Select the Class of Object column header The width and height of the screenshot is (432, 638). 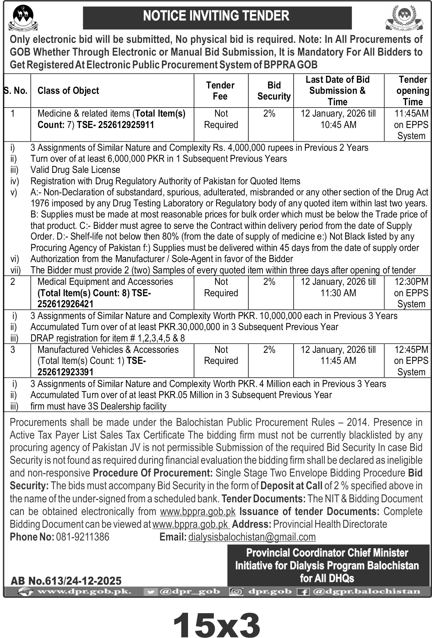[x=68, y=91]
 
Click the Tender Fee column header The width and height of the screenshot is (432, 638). [x=221, y=91]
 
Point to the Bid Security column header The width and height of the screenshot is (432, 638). [x=274, y=91]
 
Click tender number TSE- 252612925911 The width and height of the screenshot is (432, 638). [x=116, y=125]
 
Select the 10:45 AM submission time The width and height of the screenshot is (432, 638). [x=338, y=125]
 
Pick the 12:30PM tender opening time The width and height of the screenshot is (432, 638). [x=411, y=282]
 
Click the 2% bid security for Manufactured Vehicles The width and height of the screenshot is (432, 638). [x=269, y=350]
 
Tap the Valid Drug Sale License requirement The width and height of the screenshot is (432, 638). [x=75, y=170]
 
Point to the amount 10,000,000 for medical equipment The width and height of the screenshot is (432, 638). [x=283, y=316]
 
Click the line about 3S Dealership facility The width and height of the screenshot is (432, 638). [x=98, y=406]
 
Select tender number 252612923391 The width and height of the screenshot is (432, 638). [x=66, y=372]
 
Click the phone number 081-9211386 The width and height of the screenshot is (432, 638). [x=82, y=537]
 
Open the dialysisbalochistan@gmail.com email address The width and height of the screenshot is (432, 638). [x=252, y=537]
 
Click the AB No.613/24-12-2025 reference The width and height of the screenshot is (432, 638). [x=66, y=580]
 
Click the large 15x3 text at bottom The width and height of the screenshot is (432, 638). [x=216, y=623]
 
